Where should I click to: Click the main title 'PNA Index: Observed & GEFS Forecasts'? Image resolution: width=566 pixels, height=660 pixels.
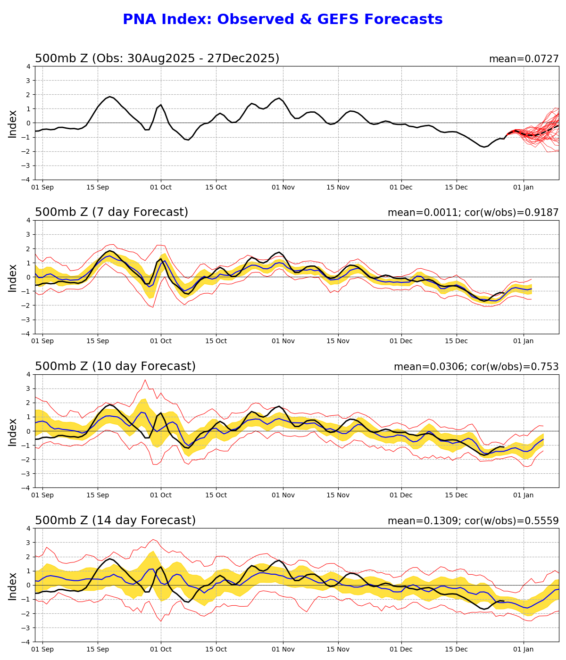[283, 20]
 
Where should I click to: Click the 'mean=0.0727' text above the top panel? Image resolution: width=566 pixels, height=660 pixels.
[524, 59]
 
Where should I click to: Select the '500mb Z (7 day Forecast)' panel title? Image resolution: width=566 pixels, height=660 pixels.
[111, 213]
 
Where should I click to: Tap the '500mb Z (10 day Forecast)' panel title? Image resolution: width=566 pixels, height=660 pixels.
[115, 367]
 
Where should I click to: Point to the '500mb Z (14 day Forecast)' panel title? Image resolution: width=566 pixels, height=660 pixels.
[115, 521]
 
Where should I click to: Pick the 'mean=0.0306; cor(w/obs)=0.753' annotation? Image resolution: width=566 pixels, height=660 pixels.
[476, 367]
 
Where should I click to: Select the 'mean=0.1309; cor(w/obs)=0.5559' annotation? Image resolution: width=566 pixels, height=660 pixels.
[473, 521]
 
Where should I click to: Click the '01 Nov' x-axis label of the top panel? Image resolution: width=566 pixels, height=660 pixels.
[283, 188]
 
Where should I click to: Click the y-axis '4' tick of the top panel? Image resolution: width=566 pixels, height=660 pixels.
[28, 66]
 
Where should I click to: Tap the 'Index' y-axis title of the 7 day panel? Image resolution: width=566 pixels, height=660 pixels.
[13, 278]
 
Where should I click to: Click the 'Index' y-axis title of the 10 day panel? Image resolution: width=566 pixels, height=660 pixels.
[13, 432]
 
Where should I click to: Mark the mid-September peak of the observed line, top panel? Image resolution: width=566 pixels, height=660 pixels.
[110, 97]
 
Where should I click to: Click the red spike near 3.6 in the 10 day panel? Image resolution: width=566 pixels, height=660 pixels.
[145, 380]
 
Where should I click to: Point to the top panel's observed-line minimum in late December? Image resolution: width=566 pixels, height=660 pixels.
[484, 147]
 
